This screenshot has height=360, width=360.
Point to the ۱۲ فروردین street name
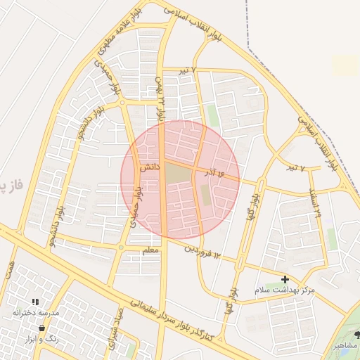pyautogui.click(x=202, y=250)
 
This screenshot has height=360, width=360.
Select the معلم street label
pyautogui.click(x=150, y=250)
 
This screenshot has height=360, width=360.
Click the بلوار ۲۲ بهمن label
pyautogui.click(x=161, y=98)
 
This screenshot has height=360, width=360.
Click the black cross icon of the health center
pyautogui.click(x=285, y=279)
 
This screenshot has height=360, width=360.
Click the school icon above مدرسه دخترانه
pyautogui.click(x=35, y=302)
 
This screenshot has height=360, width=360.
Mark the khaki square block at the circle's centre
pyautogui.click(x=179, y=173)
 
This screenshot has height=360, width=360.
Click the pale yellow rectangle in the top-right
pyautogui.click(x=345, y=65)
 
